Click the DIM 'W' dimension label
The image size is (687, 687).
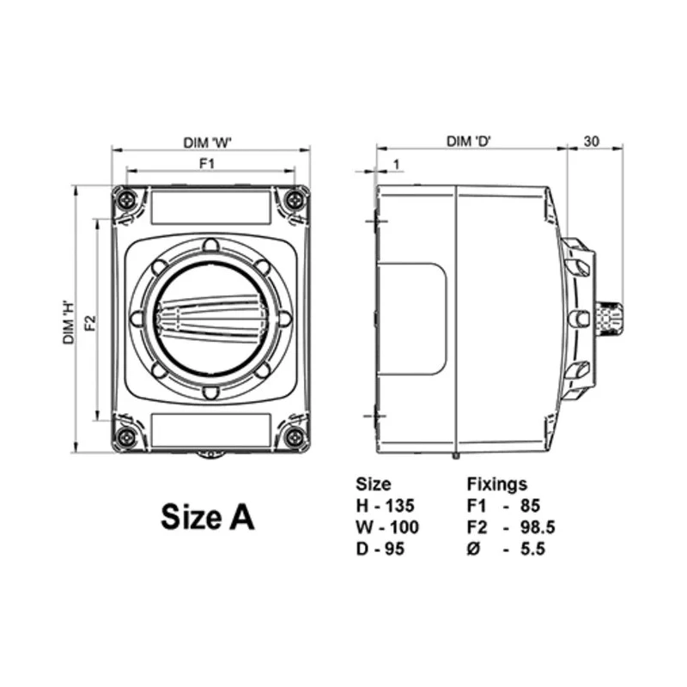click(207, 143)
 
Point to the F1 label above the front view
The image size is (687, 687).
click(207, 163)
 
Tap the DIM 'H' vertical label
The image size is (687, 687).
click(69, 322)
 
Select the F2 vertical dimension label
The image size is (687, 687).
click(90, 323)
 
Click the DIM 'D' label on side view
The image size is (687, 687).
click(469, 142)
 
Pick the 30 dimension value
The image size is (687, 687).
click(591, 142)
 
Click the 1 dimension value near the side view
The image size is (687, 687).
click(396, 164)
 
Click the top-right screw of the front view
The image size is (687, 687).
click(295, 201)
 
